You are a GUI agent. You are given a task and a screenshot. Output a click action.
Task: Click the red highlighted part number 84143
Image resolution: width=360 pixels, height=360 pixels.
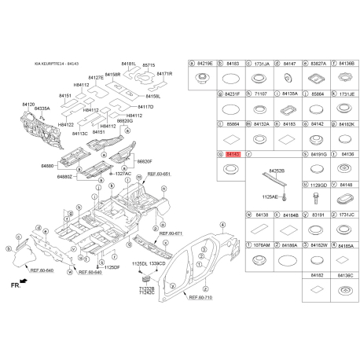[231, 156]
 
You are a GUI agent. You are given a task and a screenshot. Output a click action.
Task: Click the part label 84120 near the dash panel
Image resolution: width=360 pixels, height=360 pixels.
[28, 104]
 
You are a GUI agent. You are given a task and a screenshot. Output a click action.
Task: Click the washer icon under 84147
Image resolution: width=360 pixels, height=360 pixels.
[289, 77]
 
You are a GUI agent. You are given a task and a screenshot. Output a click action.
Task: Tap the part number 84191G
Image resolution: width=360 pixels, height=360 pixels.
[318, 156]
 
